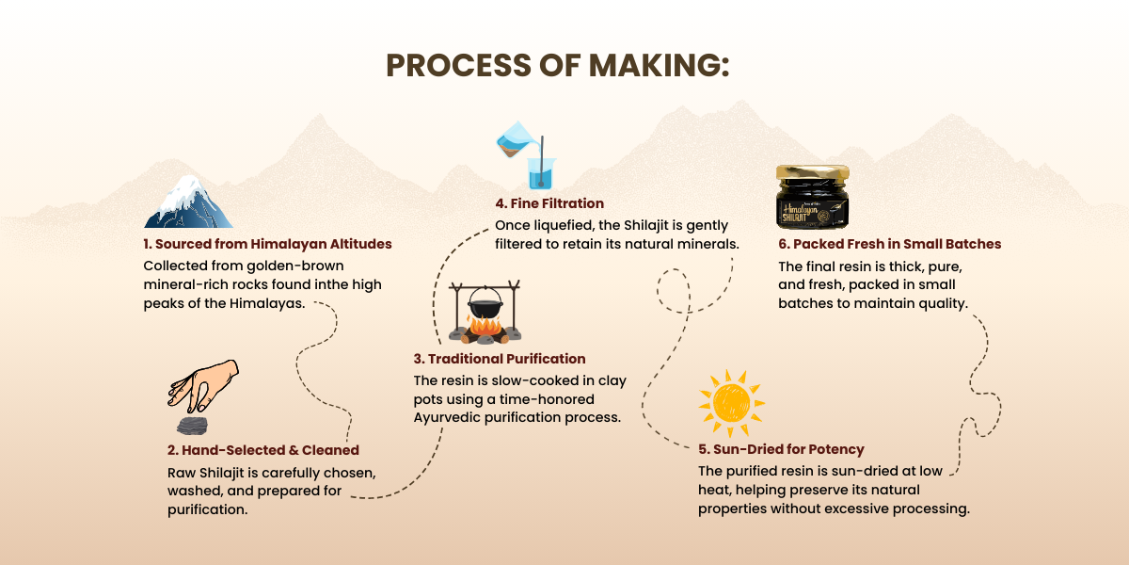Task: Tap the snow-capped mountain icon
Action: coord(188,202)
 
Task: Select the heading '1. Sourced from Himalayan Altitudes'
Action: coord(267,244)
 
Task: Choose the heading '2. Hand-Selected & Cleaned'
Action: coord(262,450)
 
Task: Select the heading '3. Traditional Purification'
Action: coord(499,359)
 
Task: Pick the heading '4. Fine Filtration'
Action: coord(549,203)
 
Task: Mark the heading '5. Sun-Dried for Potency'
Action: coord(781,449)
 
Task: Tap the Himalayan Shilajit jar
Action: coord(813,200)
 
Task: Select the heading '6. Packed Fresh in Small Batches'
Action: coord(889,244)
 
